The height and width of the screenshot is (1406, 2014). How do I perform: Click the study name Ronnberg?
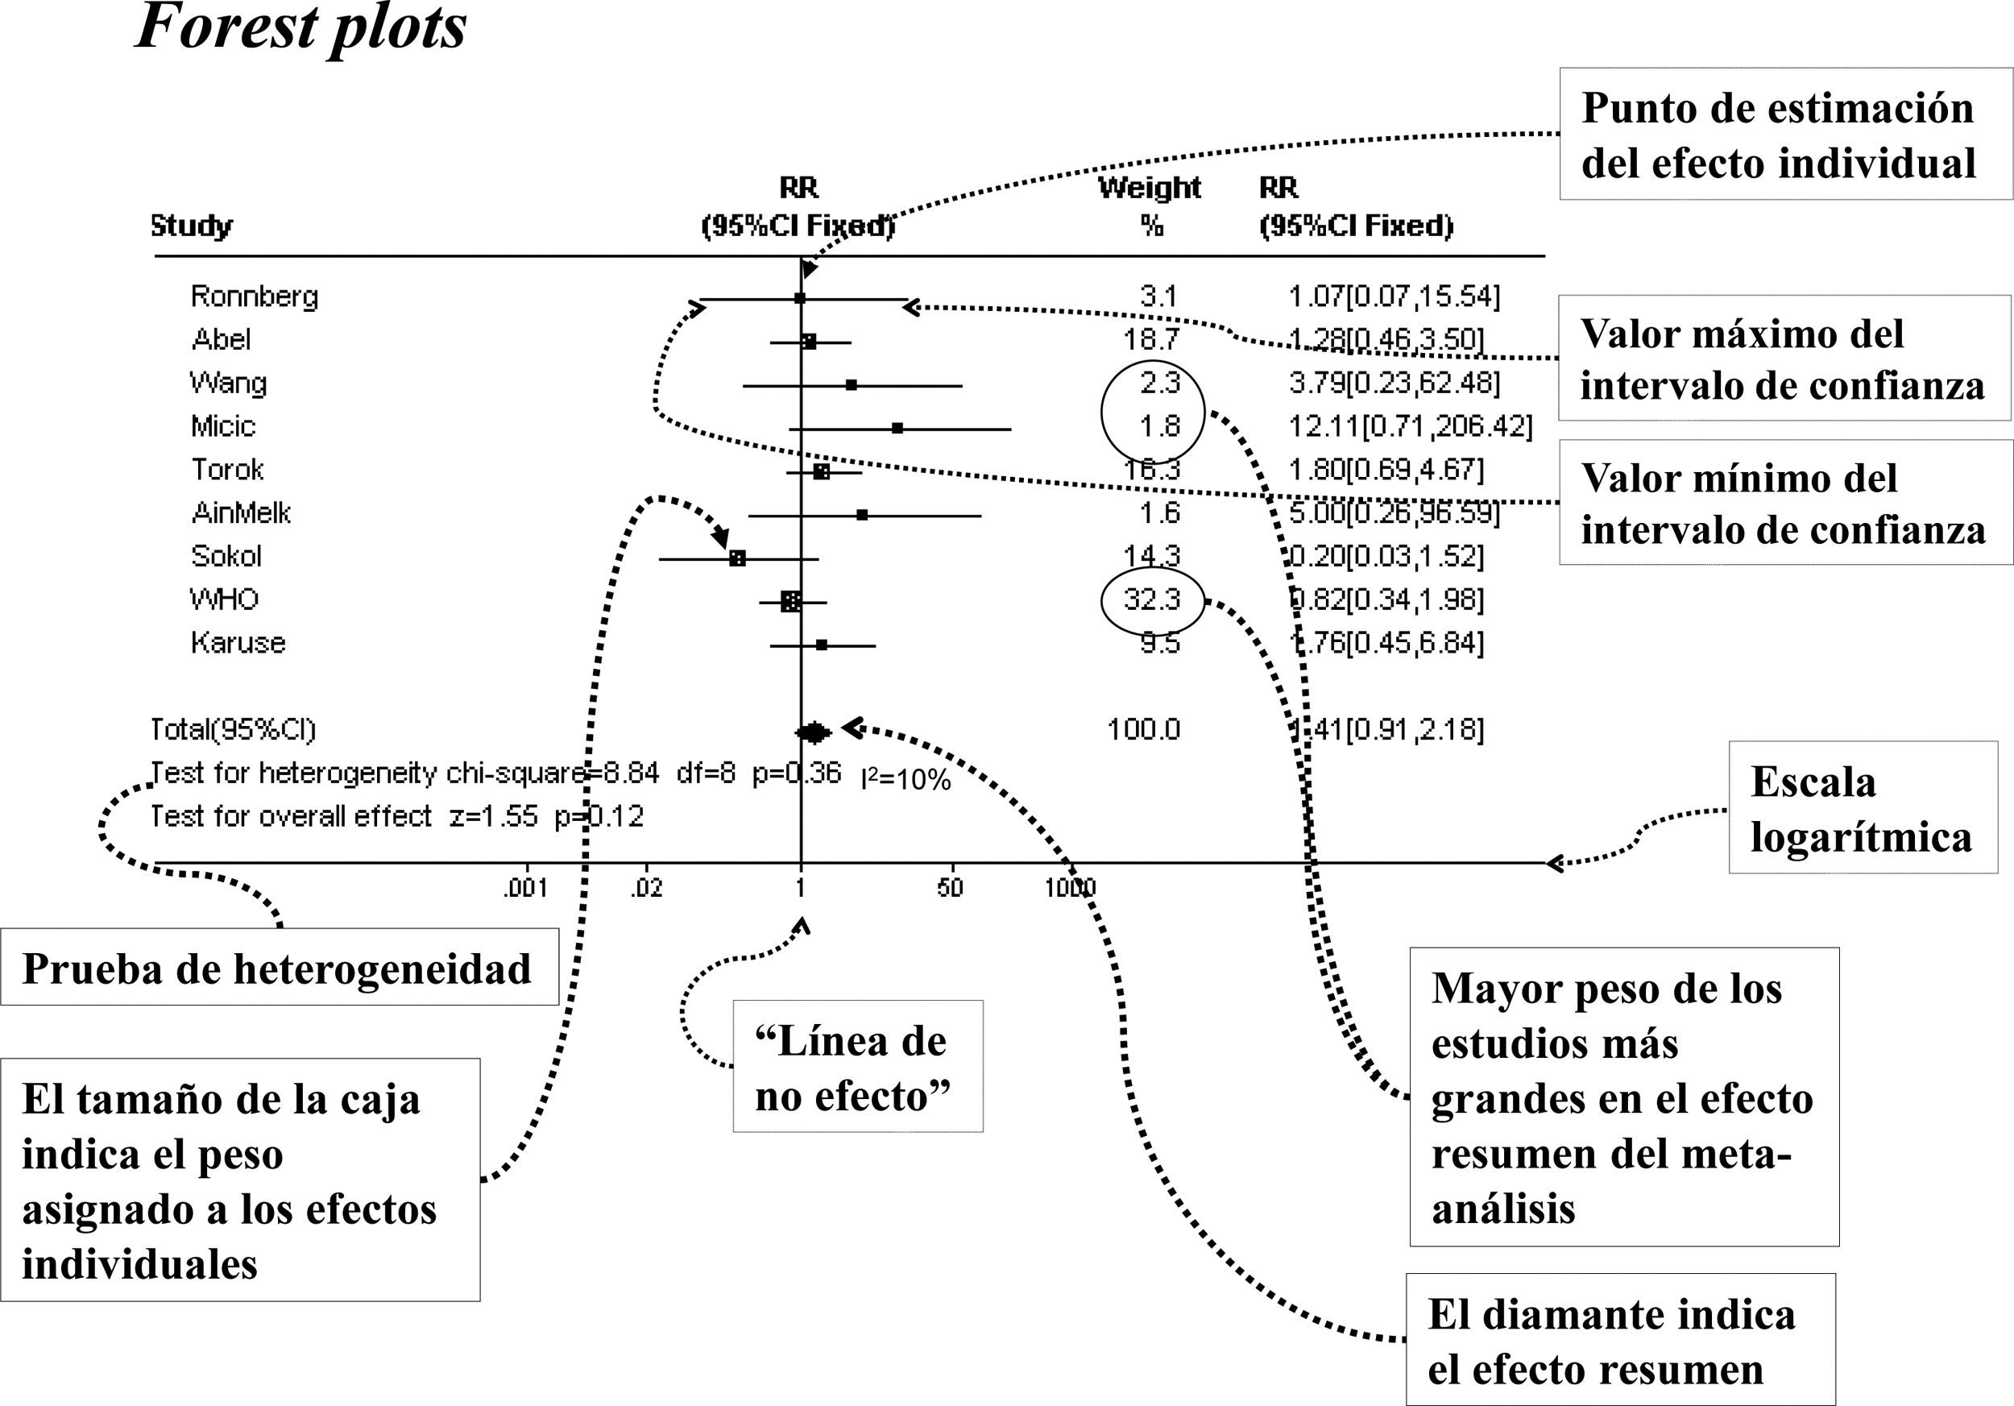click(255, 297)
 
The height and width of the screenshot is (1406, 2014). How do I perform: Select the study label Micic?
click(223, 426)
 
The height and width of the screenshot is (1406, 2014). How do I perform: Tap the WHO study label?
click(225, 599)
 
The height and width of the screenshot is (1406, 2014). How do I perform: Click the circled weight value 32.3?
click(1152, 600)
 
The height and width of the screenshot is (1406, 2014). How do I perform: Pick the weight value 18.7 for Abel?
click(1152, 339)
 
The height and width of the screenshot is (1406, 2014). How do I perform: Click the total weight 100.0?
click(1144, 730)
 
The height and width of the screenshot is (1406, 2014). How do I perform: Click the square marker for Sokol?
click(738, 558)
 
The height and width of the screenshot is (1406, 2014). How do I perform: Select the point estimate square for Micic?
click(897, 428)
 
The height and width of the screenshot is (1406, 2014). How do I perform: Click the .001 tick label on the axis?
click(524, 889)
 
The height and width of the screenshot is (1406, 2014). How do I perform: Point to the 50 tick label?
click(950, 889)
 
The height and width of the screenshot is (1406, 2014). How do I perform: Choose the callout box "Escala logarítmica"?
click(1863, 808)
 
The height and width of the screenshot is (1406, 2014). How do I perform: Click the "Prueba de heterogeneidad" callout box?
click(279, 968)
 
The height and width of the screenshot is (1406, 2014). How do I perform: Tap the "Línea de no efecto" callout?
click(857, 1067)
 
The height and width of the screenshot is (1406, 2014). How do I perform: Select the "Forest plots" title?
click(300, 28)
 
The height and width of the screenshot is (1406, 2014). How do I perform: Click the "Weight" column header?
click(1149, 189)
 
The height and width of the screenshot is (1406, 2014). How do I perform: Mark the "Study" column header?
click(191, 226)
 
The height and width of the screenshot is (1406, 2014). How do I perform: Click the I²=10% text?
click(905, 779)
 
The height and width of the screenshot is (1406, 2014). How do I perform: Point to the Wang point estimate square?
click(851, 384)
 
